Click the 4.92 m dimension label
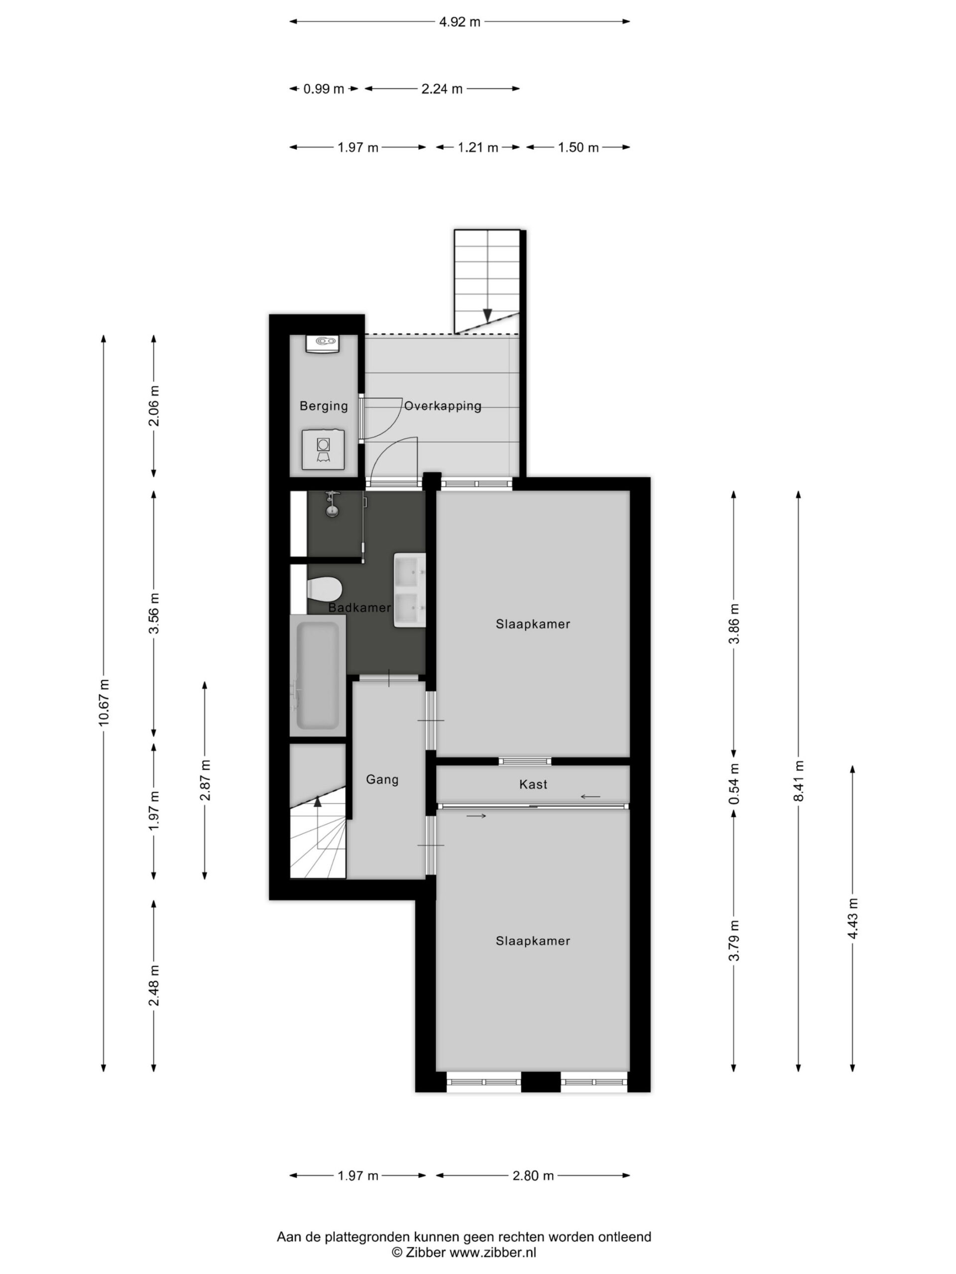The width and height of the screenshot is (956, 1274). (459, 22)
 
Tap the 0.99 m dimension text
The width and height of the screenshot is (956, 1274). (324, 89)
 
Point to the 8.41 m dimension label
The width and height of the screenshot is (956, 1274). (798, 781)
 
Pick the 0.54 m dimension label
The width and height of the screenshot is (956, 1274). (733, 784)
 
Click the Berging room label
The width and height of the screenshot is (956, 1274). (324, 406)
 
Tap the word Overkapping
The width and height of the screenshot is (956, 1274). (443, 406)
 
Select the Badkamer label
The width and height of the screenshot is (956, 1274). (359, 608)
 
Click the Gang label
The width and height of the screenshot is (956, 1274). (382, 780)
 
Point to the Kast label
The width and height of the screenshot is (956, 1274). (533, 784)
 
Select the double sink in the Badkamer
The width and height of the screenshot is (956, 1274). (410, 590)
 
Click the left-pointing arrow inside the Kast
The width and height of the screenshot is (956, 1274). (590, 797)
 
